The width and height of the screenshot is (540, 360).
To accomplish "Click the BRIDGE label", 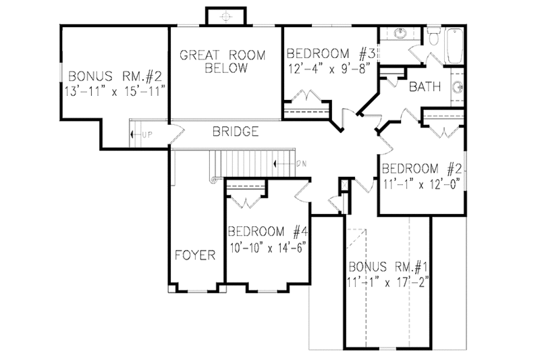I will (x=236, y=132).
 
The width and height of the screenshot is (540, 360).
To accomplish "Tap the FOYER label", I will (x=195, y=255).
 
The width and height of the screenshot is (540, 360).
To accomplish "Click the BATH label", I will (x=425, y=86).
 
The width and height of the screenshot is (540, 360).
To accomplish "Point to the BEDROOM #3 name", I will (x=331, y=54).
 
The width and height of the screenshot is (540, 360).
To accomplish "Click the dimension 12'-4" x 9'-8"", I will (x=331, y=68).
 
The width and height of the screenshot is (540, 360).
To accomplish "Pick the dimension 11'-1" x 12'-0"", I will (x=421, y=182).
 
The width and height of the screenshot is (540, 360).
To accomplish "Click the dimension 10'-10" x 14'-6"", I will (x=268, y=246).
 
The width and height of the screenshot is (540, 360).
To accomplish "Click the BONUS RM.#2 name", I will (x=113, y=74).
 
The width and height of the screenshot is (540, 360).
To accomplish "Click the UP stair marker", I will (x=146, y=134).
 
